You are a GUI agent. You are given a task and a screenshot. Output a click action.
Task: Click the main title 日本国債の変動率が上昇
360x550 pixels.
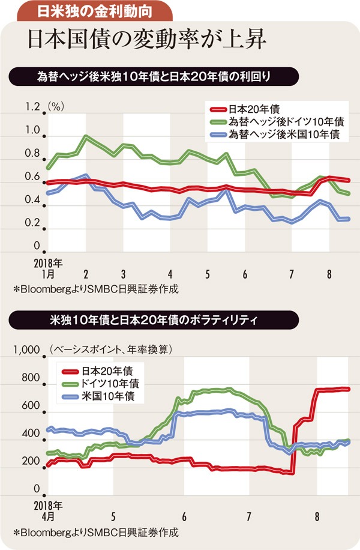pyautogui.click(x=143, y=40)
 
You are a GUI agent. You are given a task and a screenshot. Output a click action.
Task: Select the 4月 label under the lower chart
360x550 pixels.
pyautogui.click(x=47, y=516)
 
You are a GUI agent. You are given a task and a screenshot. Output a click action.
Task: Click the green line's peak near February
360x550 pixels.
pyautogui.click(x=87, y=136)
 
